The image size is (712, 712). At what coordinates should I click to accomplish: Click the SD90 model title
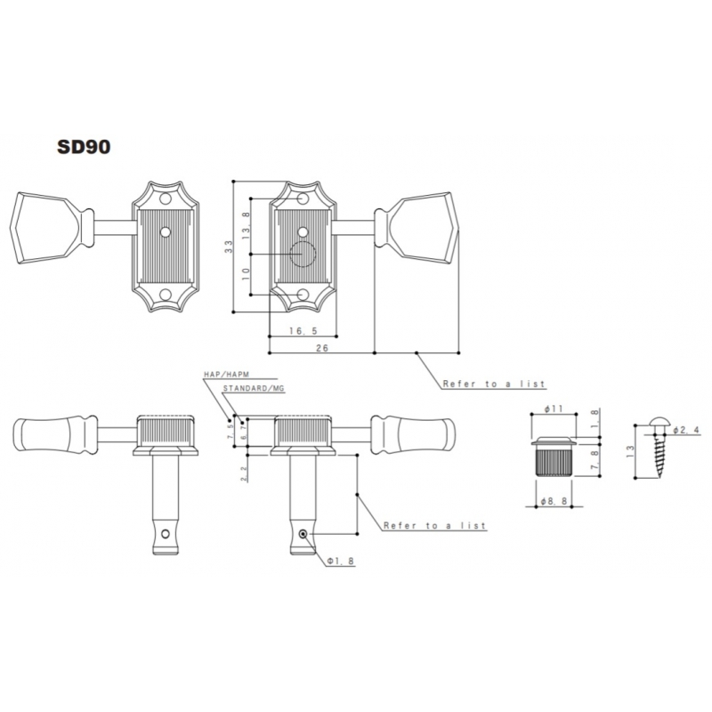tap(84, 147)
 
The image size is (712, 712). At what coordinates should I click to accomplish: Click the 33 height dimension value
tap(229, 247)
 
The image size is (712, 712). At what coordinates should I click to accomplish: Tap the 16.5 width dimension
tap(303, 331)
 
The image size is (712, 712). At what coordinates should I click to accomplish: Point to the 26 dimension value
tap(322, 348)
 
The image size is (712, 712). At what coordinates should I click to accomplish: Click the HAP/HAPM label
tap(227, 374)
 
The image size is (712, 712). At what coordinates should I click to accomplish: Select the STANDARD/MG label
tap(254, 388)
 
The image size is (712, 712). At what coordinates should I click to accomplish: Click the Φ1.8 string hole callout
tap(341, 561)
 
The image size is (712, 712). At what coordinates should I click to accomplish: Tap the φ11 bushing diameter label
tap(554, 409)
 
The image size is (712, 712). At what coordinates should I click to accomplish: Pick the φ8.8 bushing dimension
tap(554, 501)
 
